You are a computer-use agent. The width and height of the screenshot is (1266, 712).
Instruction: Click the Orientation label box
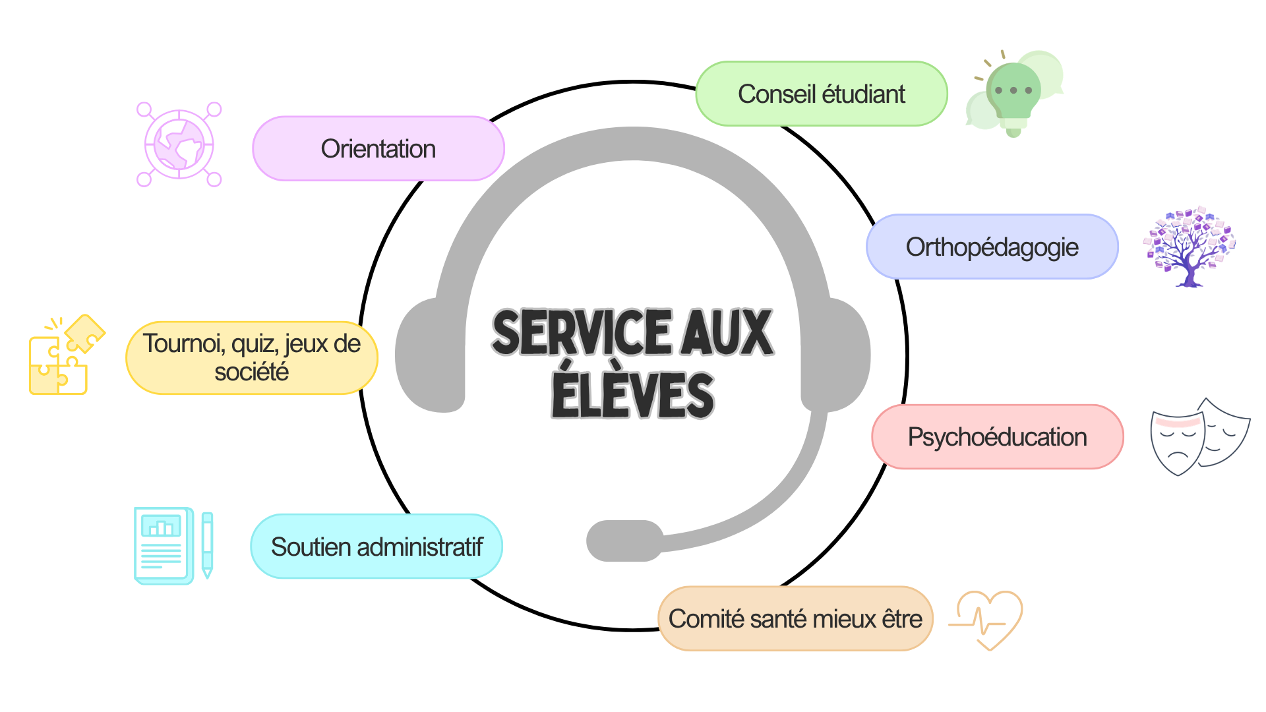378,148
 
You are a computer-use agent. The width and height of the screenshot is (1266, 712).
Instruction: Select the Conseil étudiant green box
822,94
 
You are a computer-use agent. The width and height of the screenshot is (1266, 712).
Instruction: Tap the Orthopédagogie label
992,247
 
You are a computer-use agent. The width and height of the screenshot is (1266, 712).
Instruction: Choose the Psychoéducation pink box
998,436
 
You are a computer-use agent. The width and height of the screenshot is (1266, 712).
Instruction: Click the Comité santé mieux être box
796,618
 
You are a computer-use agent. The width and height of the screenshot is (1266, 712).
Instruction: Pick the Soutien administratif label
377,547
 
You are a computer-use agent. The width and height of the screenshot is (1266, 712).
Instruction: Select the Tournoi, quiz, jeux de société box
252,357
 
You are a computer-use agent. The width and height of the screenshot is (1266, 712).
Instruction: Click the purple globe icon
179,144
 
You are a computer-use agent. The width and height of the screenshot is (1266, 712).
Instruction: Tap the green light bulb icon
1014,94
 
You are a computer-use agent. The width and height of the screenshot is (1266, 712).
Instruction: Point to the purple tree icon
1190,247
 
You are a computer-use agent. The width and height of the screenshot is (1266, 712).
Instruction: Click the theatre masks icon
1200,436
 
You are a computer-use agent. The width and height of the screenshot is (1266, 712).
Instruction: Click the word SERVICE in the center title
582,332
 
